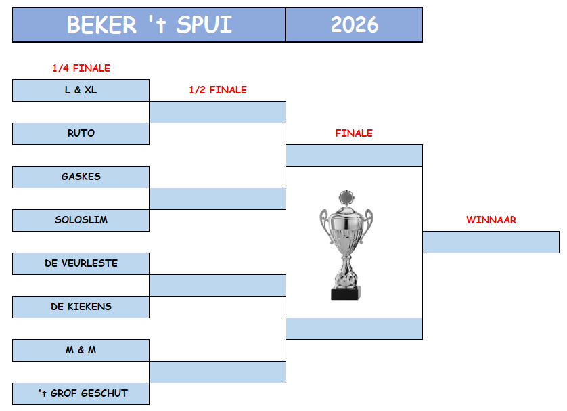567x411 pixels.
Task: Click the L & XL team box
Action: (x=81, y=90)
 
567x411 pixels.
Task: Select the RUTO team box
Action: (x=81, y=133)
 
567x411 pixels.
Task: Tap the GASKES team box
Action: (x=81, y=177)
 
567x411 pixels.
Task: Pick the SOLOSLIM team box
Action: (x=81, y=220)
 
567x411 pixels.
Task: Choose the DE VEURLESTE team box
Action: (x=81, y=263)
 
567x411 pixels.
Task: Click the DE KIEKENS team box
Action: (x=81, y=307)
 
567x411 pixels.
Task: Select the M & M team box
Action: (x=81, y=350)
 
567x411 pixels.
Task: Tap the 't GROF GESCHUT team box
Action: (x=81, y=393)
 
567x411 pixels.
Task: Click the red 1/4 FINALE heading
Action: (x=81, y=68)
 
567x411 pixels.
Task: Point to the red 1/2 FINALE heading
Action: (x=218, y=90)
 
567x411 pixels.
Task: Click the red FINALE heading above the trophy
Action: (x=354, y=133)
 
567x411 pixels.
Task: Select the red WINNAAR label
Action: (x=491, y=219)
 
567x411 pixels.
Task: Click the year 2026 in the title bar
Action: (x=355, y=24)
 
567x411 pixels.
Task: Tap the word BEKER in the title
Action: (x=101, y=24)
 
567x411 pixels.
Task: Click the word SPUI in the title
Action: (x=204, y=24)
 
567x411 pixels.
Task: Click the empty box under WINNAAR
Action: (x=491, y=242)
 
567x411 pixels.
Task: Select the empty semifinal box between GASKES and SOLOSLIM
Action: (x=218, y=198)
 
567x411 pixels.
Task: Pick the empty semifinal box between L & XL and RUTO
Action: (x=218, y=112)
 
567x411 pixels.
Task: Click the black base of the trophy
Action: (x=346, y=293)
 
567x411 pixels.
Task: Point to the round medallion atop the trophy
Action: (x=346, y=198)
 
